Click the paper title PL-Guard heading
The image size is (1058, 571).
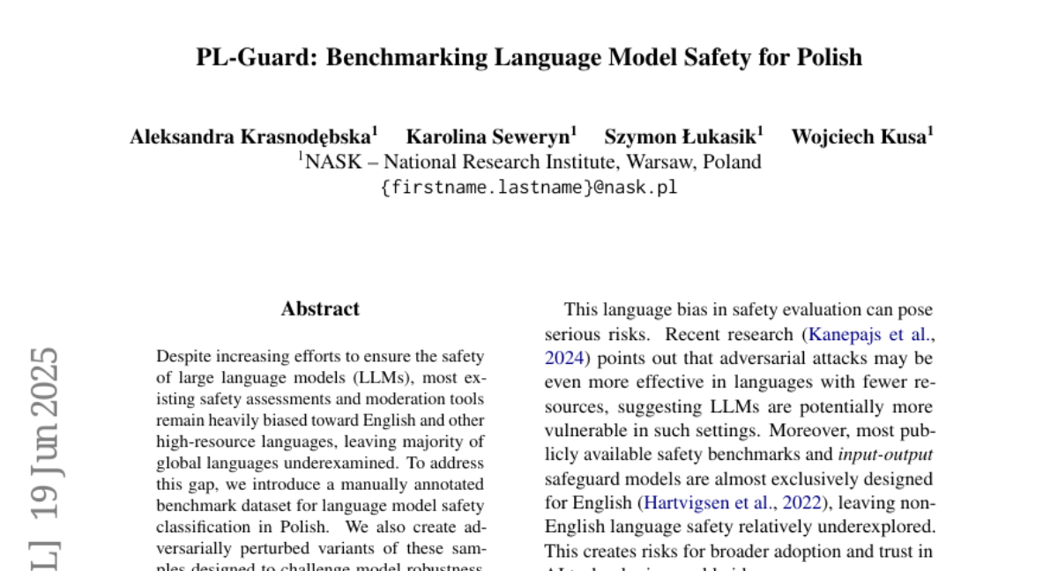pyautogui.click(x=529, y=57)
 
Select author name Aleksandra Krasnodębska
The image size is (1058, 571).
pyautogui.click(x=250, y=137)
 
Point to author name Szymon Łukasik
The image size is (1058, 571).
pyautogui.click(x=680, y=137)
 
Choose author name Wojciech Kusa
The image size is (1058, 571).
pyautogui.click(x=858, y=137)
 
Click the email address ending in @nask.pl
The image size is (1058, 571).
pyautogui.click(x=529, y=187)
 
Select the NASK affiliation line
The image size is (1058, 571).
pyautogui.click(x=529, y=162)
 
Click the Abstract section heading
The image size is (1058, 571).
pyautogui.click(x=320, y=309)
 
